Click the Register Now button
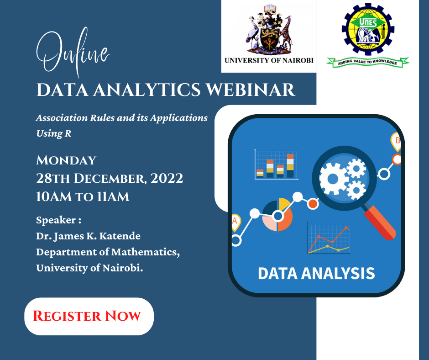point(89,316)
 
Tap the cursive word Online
point(73,52)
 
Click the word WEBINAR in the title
point(251,90)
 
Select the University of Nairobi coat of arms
point(269,29)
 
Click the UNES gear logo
point(368,28)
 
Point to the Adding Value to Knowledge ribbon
point(367,62)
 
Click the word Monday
point(66,160)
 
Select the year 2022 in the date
point(167,178)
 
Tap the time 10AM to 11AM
point(83,197)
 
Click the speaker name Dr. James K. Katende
point(89,236)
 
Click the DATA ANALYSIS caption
point(316,273)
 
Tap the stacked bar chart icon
point(276,164)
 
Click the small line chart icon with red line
point(329,238)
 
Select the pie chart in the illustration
point(277,215)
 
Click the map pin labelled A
point(235,222)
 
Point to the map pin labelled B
point(396,141)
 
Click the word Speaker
point(56,220)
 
